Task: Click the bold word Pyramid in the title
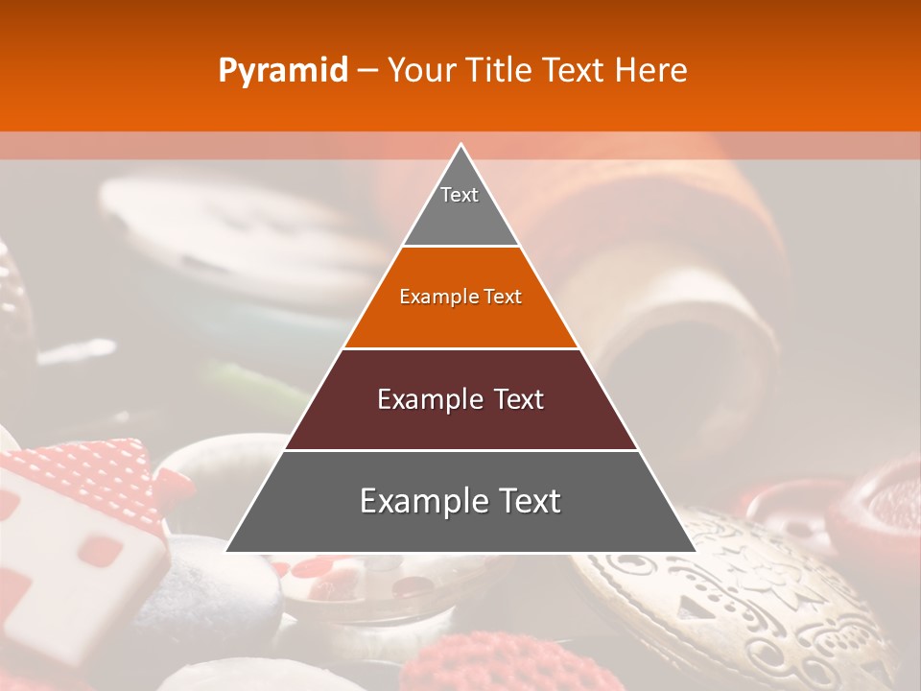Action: click(x=283, y=71)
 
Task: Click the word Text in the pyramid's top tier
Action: click(x=460, y=195)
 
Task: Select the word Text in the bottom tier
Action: click(x=523, y=501)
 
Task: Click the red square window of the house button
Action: click(x=100, y=551)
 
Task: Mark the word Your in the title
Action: click(x=424, y=71)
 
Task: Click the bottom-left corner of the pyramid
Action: click(x=227, y=551)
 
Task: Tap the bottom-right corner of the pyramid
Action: click(x=695, y=551)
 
